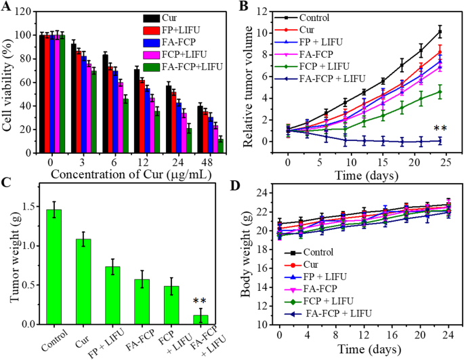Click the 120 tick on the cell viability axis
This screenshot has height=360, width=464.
coord(26,13)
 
